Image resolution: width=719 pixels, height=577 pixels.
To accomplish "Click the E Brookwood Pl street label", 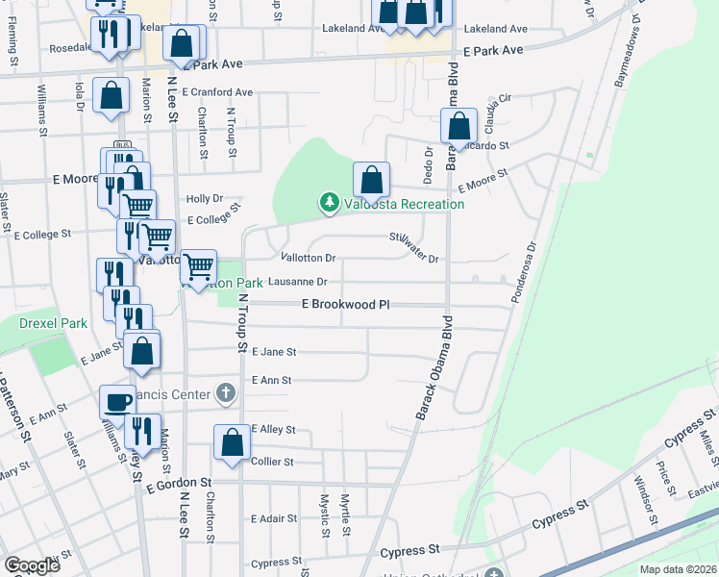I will point(345,304).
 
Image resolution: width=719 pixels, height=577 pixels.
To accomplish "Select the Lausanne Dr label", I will point(298,282).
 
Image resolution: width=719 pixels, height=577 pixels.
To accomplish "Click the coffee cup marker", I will point(118,402).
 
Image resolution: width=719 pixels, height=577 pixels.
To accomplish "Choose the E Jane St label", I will point(274,353).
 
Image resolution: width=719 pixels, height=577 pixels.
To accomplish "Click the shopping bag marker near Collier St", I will point(232,442).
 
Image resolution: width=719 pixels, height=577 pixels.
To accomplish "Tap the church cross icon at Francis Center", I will point(225,392).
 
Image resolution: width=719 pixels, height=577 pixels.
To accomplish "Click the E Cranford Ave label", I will point(216,93).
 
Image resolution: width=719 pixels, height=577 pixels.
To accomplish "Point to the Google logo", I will point(32,564).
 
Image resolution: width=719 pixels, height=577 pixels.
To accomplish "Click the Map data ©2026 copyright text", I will point(678,569).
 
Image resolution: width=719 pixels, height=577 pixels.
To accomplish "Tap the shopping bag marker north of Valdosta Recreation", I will point(371,179).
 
